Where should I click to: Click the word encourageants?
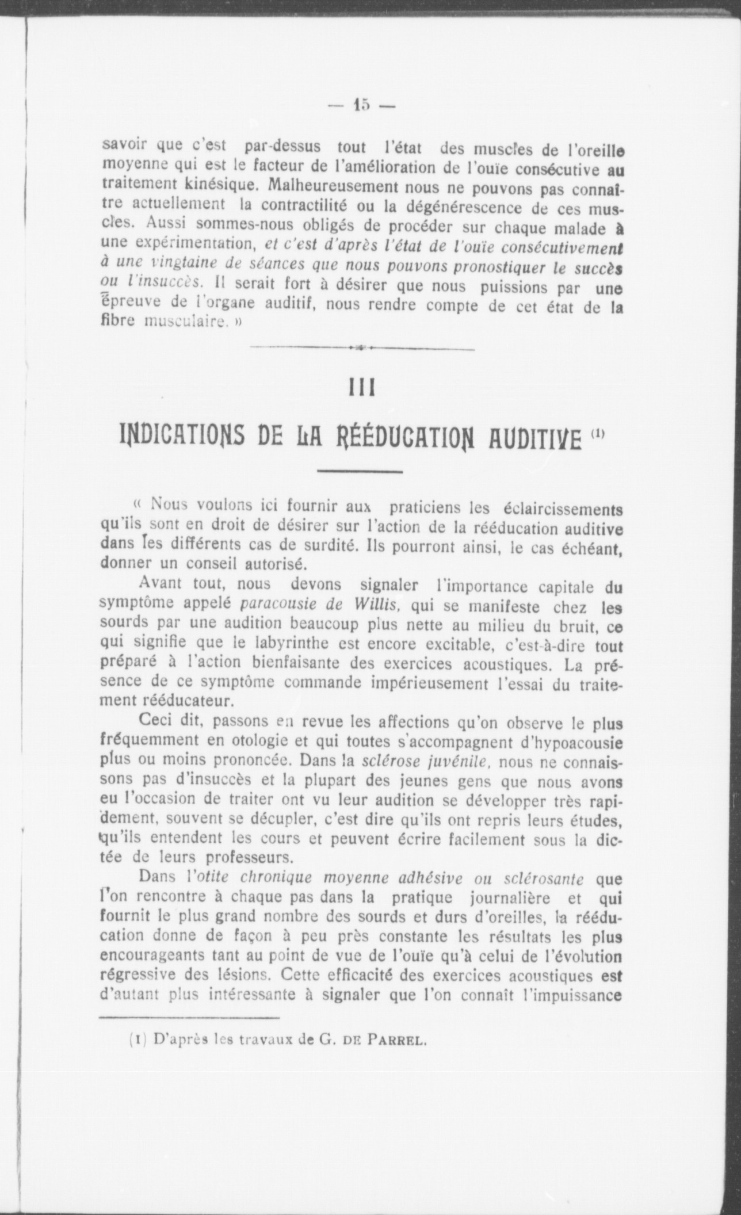[152, 954]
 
